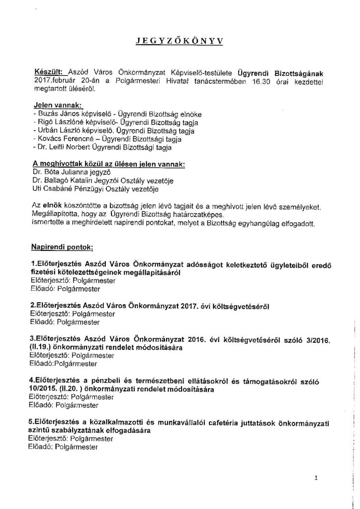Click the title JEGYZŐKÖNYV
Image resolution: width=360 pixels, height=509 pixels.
pos(180,42)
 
